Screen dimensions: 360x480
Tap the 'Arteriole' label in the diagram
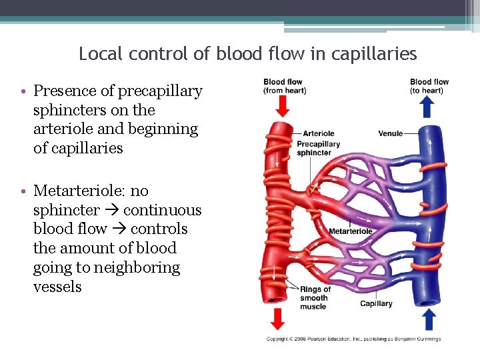tap(318, 133)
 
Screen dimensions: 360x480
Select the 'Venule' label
tap(390, 133)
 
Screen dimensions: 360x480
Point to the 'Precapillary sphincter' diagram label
tap(318, 148)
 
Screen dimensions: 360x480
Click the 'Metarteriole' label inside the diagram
tap(351, 231)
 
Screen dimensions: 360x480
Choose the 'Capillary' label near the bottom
tap(376, 304)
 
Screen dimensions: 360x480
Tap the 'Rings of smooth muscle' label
tap(315, 298)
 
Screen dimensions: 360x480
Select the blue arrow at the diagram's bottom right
tap(429, 320)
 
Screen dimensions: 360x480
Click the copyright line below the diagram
tap(353, 339)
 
